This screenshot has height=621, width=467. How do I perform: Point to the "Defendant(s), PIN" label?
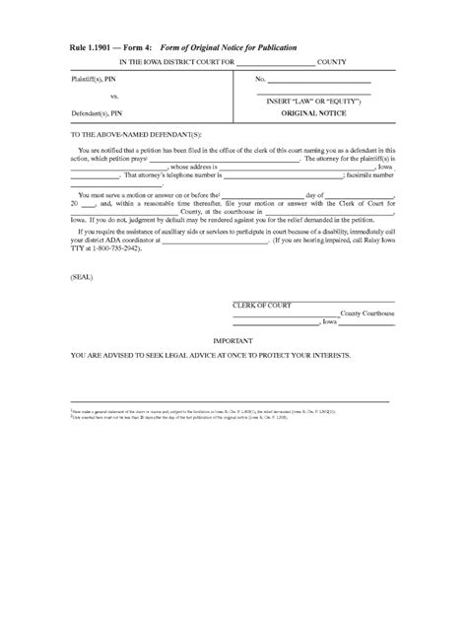click(x=101, y=113)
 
